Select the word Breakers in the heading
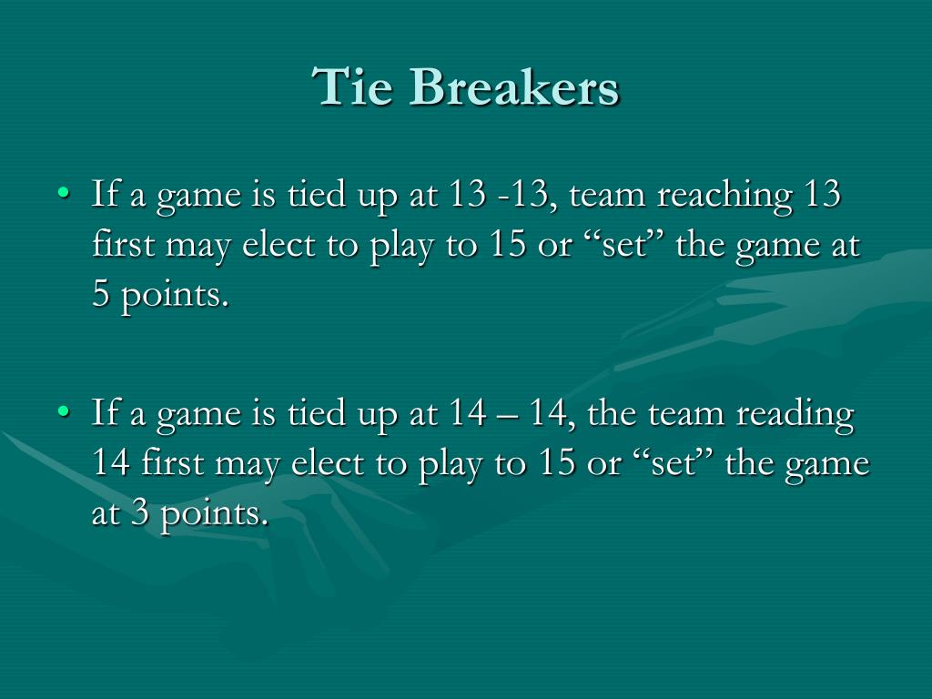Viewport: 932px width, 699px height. [514, 89]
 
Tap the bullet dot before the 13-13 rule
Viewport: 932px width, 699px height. [63, 194]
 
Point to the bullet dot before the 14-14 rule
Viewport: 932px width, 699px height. [63, 412]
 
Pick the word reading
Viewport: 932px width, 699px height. [795, 415]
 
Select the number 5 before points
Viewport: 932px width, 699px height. [101, 296]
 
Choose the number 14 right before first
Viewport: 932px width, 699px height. [112, 464]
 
